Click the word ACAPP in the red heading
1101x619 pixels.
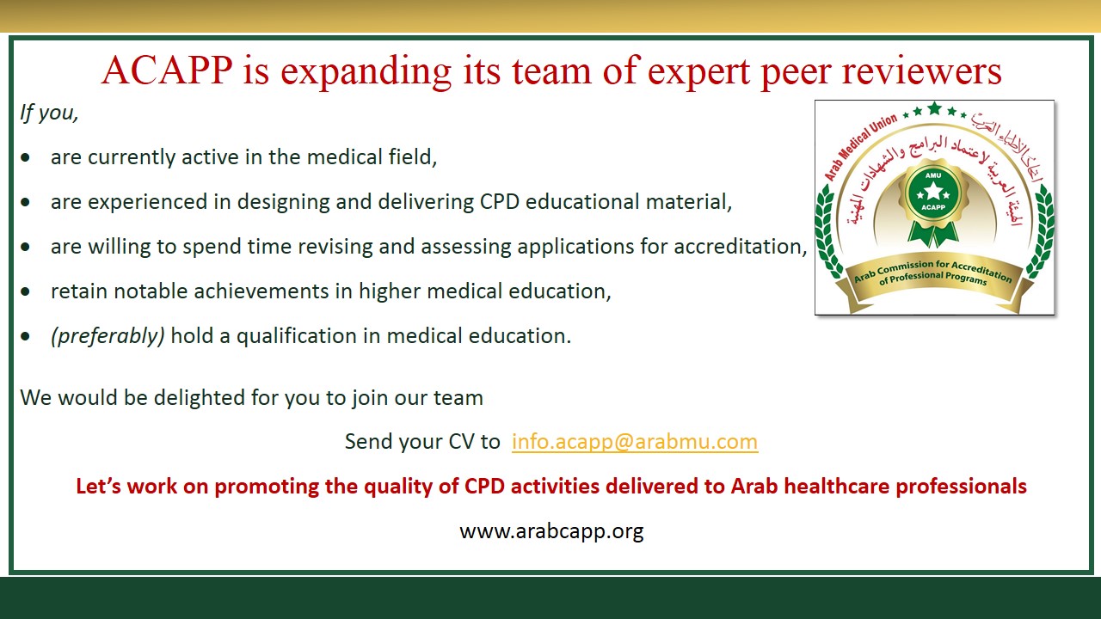coord(167,70)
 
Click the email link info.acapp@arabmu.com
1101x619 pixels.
coord(635,442)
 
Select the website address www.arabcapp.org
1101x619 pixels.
coord(551,532)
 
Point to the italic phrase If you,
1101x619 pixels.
coord(49,113)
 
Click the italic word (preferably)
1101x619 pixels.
coord(108,336)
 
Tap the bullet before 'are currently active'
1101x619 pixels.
coord(26,157)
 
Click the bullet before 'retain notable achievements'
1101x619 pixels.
coord(26,291)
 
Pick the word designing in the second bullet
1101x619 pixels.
coord(283,203)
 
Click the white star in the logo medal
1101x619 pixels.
coord(933,192)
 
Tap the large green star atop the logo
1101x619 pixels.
coord(934,108)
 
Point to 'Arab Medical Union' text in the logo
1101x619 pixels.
coord(861,147)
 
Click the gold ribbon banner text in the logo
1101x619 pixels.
coord(933,273)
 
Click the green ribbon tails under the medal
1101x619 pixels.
coord(933,233)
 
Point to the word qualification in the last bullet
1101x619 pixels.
coord(297,336)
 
